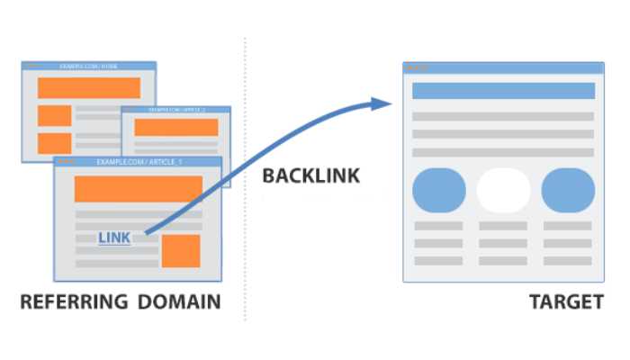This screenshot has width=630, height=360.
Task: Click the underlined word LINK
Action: coord(114,238)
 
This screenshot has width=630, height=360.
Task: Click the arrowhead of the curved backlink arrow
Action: coord(382,103)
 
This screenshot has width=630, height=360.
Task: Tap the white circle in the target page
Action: coord(503,189)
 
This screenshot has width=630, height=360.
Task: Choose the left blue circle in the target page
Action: coord(439,189)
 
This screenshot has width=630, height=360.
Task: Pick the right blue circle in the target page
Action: coord(568,189)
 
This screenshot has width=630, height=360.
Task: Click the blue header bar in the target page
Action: coord(503,91)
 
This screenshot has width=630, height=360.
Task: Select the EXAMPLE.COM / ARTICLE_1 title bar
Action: coord(138,162)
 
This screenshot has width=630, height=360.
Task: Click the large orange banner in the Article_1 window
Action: coord(138,188)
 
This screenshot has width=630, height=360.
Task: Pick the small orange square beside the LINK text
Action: coord(180,250)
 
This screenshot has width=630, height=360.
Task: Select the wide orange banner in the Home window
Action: coord(88,87)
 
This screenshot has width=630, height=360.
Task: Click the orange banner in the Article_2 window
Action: coord(175,127)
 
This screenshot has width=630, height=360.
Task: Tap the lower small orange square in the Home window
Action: coord(54,143)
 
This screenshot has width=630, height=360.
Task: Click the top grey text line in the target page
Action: coord(503,116)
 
